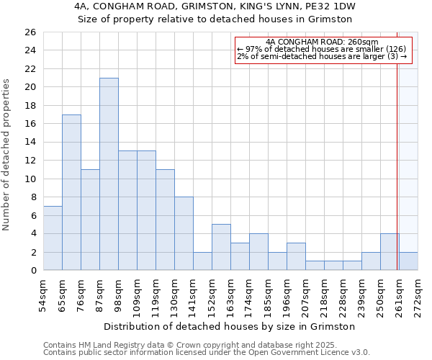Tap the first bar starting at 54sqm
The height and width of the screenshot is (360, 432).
53,238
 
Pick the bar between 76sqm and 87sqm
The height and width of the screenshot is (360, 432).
90,220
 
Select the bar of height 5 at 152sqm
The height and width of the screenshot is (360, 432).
221,247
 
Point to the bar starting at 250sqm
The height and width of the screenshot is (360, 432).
390,252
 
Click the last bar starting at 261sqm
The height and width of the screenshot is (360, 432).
408,261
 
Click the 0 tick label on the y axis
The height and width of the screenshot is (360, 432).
32,271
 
